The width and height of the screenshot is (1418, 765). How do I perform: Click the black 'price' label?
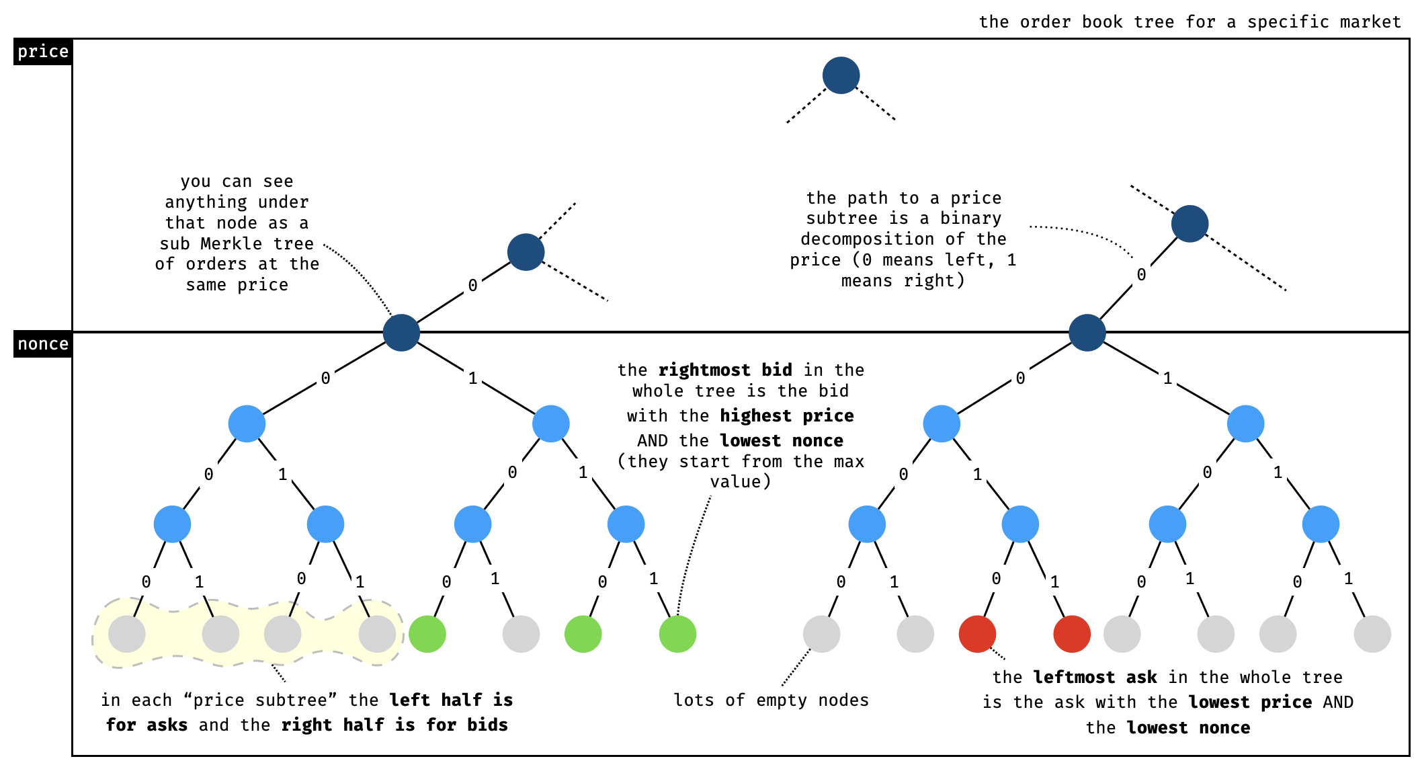(x=43, y=52)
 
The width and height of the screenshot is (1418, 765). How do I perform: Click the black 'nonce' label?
(x=43, y=344)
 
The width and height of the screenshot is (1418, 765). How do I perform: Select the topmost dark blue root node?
(x=841, y=75)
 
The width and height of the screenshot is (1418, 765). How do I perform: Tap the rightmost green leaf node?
(x=677, y=634)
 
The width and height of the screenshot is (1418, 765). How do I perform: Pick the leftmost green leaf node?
(x=427, y=634)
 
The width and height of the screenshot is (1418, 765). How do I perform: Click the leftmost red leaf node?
(x=977, y=634)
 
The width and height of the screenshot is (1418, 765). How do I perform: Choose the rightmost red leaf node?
(x=1072, y=634)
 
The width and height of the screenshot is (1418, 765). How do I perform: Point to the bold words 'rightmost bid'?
(x=725, y=370)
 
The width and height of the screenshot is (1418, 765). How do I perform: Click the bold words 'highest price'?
(x=787, y=416)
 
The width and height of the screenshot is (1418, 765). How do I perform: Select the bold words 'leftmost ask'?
(x=1095, y=678)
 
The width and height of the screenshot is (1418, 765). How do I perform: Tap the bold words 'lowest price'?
(x=1250, y=702)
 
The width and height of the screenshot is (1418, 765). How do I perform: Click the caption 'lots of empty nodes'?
(x=771, y=700)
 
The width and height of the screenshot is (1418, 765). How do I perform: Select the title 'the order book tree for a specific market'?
(x=1190, y=22)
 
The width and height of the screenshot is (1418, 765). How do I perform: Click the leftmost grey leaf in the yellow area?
(x=127, y=634)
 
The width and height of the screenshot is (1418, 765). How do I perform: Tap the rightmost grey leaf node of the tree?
(x=1372, y=634)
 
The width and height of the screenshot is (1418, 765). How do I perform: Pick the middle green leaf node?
(x=583, y=634)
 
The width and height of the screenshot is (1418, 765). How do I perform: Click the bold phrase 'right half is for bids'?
(x=394, y=725)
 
